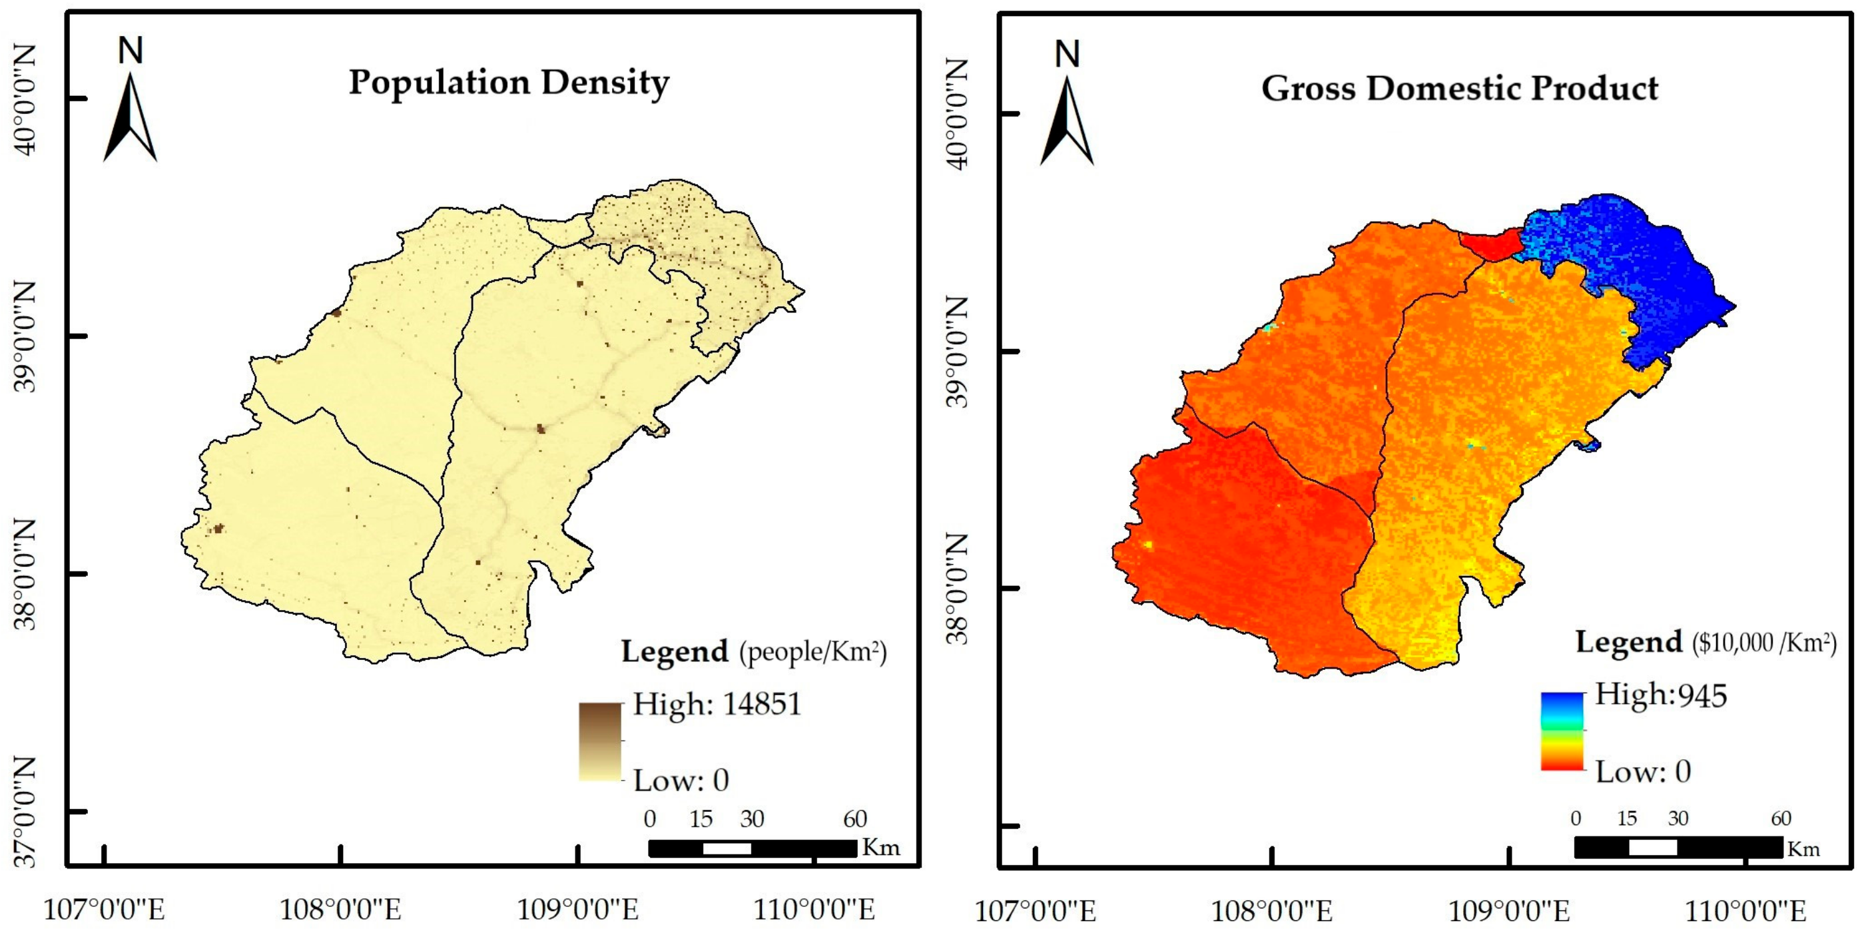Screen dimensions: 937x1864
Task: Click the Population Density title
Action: (509, 83)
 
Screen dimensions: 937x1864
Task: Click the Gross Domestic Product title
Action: (1460, 89)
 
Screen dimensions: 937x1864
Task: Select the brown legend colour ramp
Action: (600, 741)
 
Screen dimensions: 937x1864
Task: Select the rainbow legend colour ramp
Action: (1562, 731)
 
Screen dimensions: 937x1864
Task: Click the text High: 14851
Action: (717, 704)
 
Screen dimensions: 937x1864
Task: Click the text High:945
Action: (1661, 695)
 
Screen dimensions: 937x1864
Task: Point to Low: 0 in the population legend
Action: (681, 781)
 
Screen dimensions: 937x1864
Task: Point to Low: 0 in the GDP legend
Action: (1643, 772)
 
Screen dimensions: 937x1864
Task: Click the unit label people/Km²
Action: (812, 652)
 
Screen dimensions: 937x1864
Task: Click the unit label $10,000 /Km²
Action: (1763, 643)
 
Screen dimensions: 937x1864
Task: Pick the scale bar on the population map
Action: (753, 848)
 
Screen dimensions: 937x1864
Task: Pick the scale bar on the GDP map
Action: (1678, 847)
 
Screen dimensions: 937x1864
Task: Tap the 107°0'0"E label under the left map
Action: (105, 910)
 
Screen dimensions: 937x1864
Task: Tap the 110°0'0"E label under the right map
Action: (1745, 911)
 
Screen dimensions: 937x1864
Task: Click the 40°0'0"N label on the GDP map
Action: (956, 114)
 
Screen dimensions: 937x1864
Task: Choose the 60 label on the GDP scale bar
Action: (1781, 818)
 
